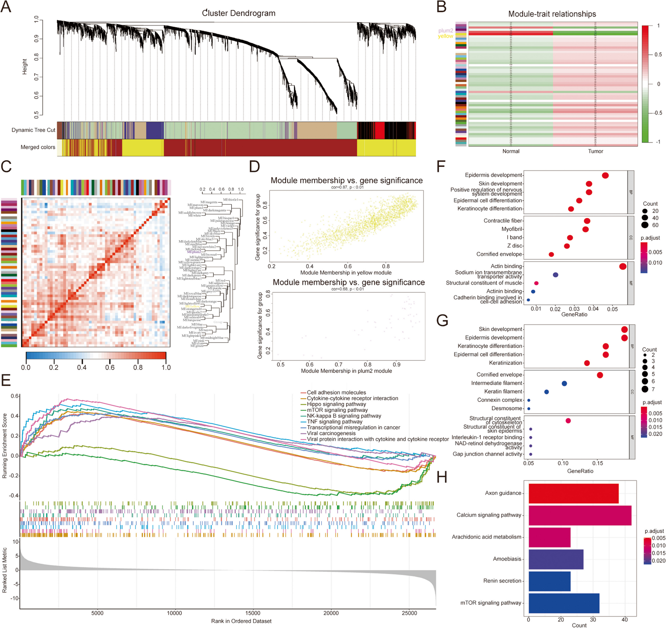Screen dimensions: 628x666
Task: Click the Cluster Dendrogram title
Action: tap(238, 13)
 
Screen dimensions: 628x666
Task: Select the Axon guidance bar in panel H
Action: tap(573, 493)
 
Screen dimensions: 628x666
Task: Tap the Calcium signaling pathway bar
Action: tap(579, 515)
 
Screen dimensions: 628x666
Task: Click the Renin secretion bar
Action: tap(549, 581)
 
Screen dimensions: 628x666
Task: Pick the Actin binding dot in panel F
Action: tap(622, 266)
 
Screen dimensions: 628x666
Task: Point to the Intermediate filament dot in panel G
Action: tap(564, 384)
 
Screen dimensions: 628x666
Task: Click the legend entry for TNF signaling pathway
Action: tap(334, 422)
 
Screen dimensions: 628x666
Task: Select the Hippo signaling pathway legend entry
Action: tap(336, 404)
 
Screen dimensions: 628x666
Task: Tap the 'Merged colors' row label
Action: tap(38, 147)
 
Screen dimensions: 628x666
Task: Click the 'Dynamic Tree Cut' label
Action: tap(33, 130)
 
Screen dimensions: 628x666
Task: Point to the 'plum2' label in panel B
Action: tap(446, 31)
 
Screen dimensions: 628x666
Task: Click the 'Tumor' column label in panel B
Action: tap(595, 151)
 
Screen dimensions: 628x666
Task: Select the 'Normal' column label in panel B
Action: tap(511, 151)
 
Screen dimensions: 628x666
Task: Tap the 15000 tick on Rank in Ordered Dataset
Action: tap(252, 613)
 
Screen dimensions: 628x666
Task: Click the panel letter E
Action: tap(6, 381)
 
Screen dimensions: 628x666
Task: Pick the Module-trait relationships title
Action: tap(552, 14)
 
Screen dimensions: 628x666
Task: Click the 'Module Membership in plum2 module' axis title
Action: tap(346, 371)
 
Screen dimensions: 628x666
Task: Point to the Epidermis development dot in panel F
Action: tap(605, 175)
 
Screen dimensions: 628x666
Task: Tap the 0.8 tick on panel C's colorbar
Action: tap(138, 367)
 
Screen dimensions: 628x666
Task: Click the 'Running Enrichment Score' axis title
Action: tap(4, 446)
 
